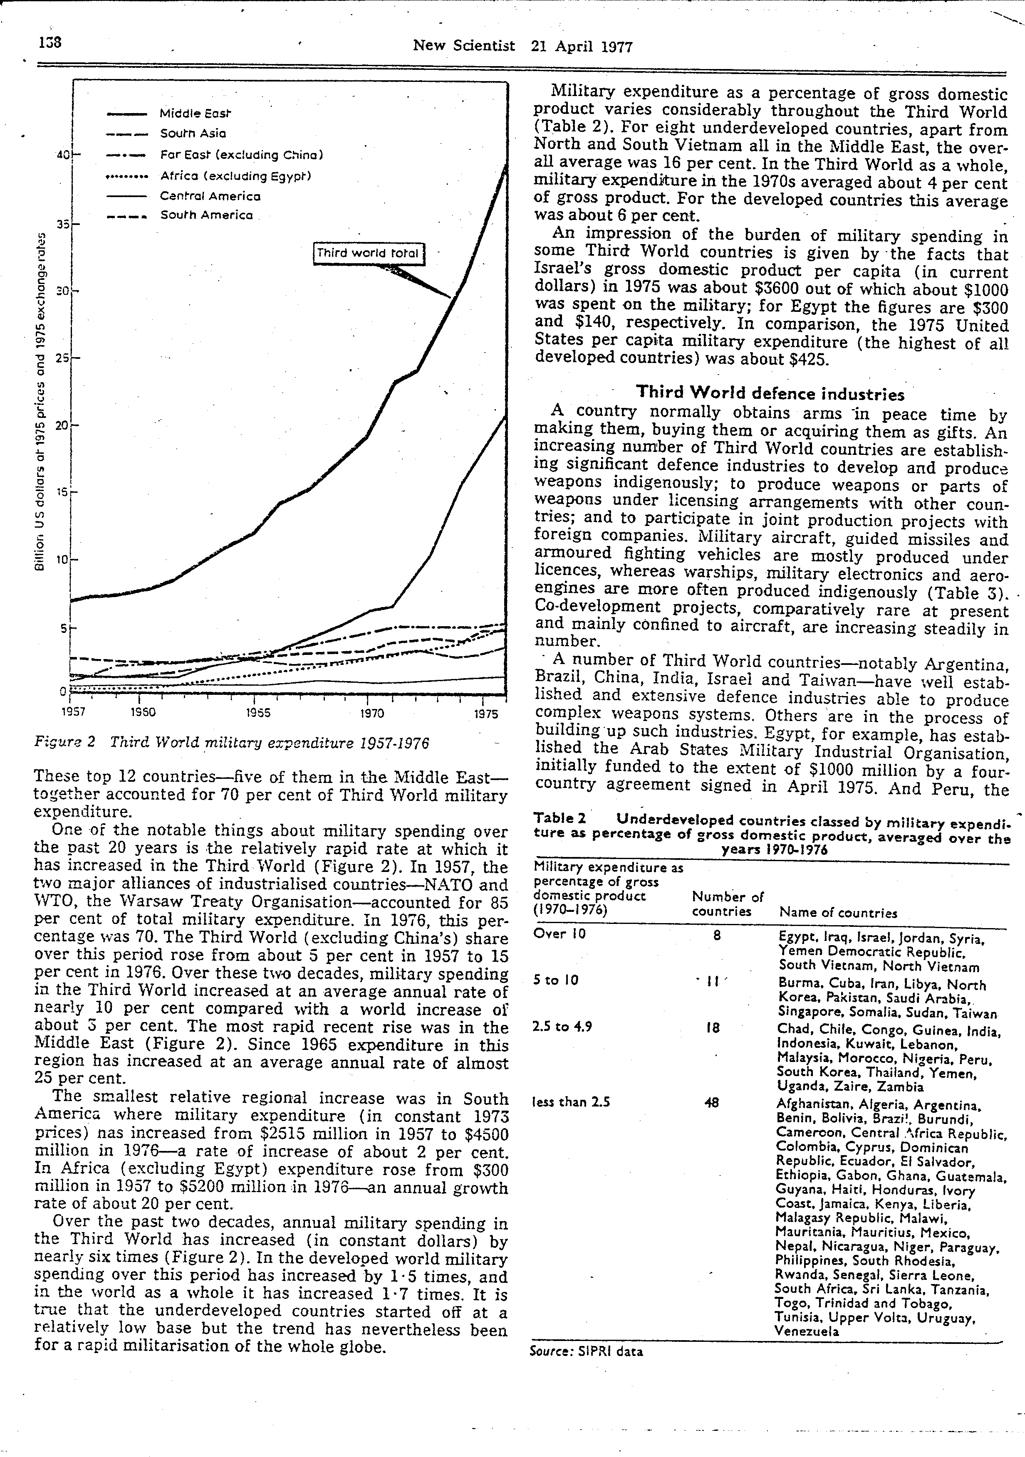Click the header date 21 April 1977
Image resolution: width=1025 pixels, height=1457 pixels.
click(x=582, y=46)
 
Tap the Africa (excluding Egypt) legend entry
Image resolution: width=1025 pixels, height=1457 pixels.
click(x=235, y=175)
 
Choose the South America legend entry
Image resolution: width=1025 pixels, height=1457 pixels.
click(x=206, y=215)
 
